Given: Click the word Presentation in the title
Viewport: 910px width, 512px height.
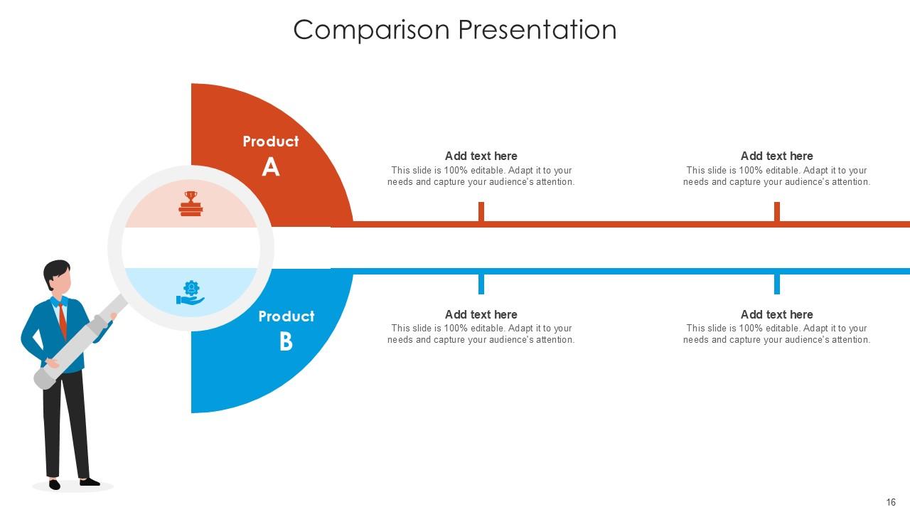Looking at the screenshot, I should (537, 30).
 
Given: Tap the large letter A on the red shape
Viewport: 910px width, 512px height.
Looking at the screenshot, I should (270, 167).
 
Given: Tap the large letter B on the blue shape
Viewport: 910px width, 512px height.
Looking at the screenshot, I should (286, 342).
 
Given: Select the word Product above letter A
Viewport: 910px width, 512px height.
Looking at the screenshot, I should (270, 142).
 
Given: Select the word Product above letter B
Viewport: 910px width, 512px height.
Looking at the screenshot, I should (286, 316).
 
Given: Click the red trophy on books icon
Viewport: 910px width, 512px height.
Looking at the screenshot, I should (191, 204).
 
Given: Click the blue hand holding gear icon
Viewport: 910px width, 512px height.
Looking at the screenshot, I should (191, 293).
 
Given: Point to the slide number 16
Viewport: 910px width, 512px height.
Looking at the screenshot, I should (891, 502).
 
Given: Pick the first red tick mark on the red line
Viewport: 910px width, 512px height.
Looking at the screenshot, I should (481, 212).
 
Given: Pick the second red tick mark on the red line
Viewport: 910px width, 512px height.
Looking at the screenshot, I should (776, 212).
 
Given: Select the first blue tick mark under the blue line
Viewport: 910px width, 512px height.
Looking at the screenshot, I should (481, 284).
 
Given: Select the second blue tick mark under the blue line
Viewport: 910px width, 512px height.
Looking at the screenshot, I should (776, 284).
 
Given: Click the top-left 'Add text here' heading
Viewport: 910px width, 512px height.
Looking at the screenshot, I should (481, 156).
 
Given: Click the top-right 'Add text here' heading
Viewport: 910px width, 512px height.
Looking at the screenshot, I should (776, 156).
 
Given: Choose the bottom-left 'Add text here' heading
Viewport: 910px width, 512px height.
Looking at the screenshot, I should (481, 314).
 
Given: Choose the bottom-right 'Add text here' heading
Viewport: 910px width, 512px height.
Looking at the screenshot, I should (776, 314).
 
